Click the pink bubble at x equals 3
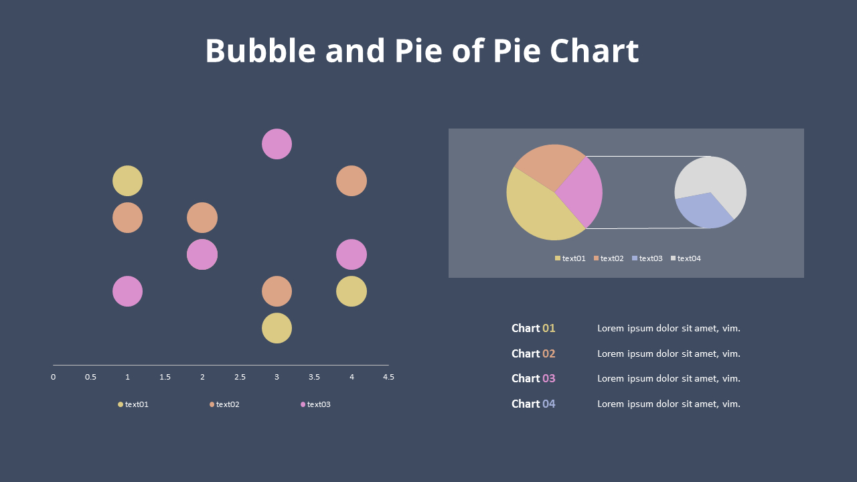[277, 144]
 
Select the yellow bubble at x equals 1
[127, 181]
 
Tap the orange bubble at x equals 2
[202, 218]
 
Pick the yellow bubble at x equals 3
[277, 328]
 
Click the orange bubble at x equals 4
[352, 181]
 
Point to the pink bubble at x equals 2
[202, 254]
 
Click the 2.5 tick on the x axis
[240, 377]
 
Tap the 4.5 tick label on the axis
[388, 377]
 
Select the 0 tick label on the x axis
[54, 377]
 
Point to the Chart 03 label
[533, 378]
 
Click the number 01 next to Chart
[549, 328]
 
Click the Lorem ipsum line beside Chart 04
[668, 404]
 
